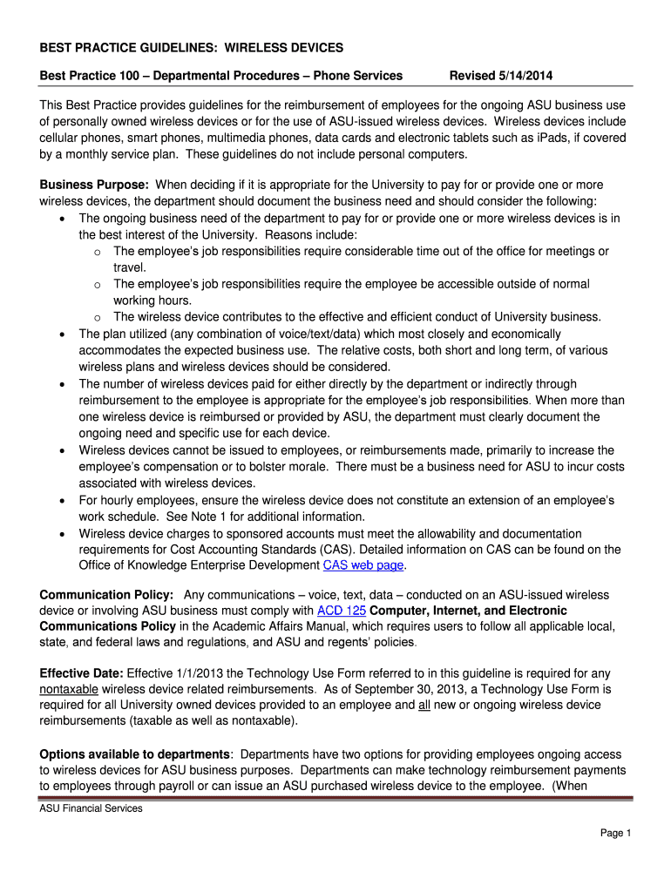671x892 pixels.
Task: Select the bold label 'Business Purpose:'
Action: click(x=95, y=185)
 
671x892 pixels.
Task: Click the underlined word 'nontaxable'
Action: click(x=69, y=690)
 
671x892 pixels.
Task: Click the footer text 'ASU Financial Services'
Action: click(x=91, y=808)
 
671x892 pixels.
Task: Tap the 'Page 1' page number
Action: click(x=615, y=834)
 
